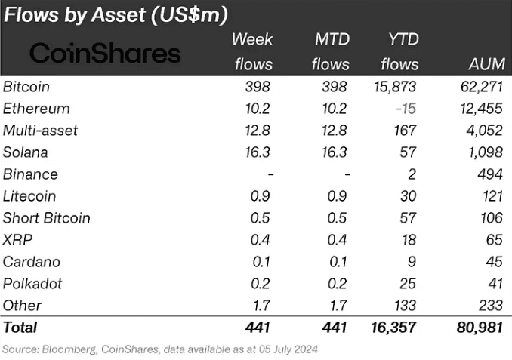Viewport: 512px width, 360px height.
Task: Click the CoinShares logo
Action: [105, 54]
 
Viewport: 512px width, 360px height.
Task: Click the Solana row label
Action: [25, 152]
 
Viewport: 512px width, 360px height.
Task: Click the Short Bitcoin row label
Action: [46, 218]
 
